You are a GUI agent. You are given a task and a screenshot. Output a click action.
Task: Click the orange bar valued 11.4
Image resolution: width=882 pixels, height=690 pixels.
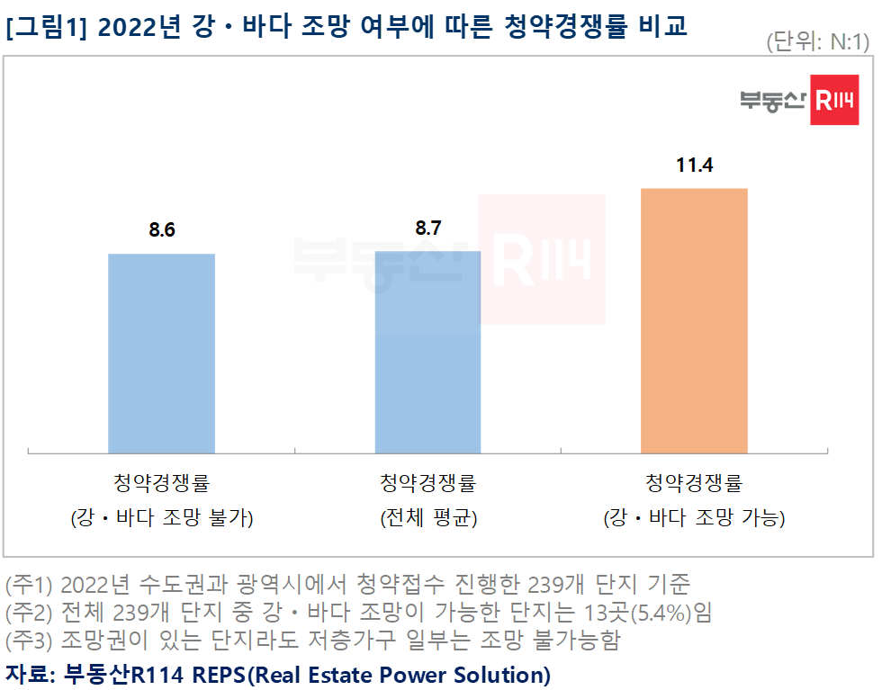694,320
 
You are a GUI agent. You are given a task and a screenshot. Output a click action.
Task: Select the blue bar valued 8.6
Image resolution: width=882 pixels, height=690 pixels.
162,353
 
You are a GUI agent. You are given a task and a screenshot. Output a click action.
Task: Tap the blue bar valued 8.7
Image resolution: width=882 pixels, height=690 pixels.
427,352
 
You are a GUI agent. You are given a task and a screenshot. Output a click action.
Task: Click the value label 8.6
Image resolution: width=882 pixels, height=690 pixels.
162,230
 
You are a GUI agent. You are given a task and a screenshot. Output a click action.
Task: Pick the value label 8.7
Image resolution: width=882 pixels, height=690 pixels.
427,228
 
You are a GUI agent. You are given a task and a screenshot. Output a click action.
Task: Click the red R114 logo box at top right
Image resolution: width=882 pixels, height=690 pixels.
832,101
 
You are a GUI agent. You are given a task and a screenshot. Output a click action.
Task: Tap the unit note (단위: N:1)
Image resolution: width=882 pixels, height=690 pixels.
817,42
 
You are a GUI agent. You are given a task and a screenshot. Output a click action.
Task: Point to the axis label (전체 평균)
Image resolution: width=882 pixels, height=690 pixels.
427,518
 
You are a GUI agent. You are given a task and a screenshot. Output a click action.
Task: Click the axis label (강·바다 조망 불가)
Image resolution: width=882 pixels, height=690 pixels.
162,518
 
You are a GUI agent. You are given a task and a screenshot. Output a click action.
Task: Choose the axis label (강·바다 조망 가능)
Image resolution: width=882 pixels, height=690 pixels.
694,518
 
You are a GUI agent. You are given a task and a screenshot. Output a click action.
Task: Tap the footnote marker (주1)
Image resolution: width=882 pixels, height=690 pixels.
30,585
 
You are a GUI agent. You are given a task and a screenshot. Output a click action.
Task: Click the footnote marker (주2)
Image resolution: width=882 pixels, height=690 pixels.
30,614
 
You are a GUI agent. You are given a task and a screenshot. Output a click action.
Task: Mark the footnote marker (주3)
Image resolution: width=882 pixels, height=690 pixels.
30,641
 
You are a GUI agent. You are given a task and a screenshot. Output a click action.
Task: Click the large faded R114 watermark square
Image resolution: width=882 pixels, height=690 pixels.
542,259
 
